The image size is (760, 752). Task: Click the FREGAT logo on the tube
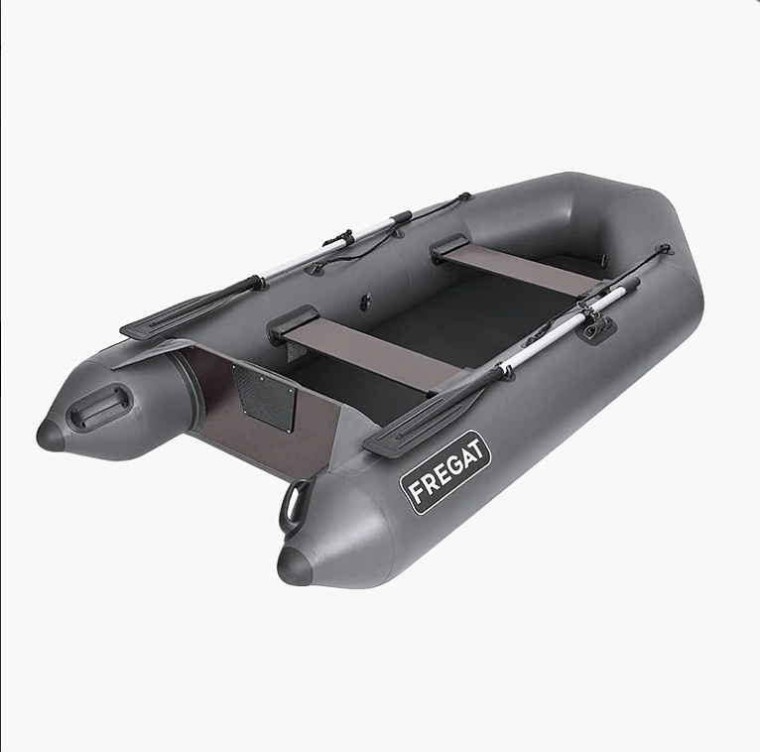pyautogui.click(x=444, y=472)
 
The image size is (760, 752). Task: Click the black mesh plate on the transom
pyautogui.click(x=263, y=397)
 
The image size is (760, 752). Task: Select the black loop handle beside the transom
pyautogui.click(x=293, y=505)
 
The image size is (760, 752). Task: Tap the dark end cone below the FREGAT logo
pyautogui.click(x=296, y=564)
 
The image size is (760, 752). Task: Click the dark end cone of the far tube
pyautogui.click(x=51, y=436)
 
